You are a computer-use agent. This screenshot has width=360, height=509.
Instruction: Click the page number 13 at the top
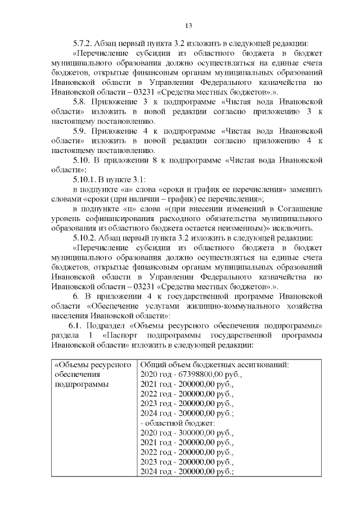pyautogui.click(x=189, y=25)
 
